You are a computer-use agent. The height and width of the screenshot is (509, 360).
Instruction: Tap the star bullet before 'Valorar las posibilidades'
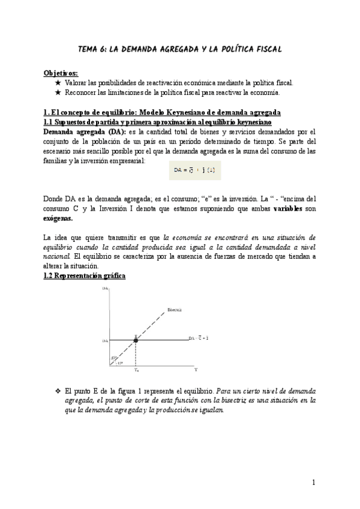(58, 83)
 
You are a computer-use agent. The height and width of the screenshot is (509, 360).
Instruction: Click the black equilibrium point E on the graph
(136, 340)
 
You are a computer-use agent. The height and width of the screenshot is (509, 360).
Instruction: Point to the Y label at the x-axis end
(196, 370)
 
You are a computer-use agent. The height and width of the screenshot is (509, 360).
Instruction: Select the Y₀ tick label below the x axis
(136, 370)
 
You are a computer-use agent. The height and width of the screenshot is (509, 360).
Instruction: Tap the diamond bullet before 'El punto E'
(58, 390)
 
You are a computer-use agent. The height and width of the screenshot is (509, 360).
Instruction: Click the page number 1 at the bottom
(313, 482)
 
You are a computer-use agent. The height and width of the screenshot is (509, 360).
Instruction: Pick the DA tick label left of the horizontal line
(105, 340)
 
